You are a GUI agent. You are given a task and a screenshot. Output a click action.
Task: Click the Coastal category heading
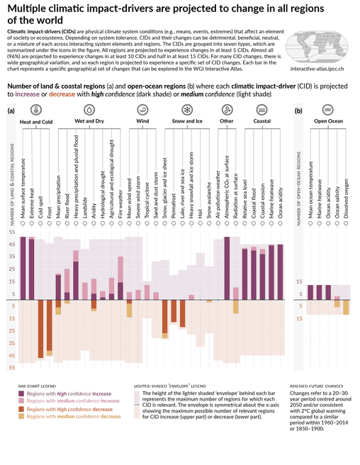(x=261, y=122)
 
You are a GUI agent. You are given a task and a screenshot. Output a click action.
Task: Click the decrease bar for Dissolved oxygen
(x=346, y=308)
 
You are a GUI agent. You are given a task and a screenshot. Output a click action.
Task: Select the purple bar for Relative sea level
(x=244, y=273)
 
